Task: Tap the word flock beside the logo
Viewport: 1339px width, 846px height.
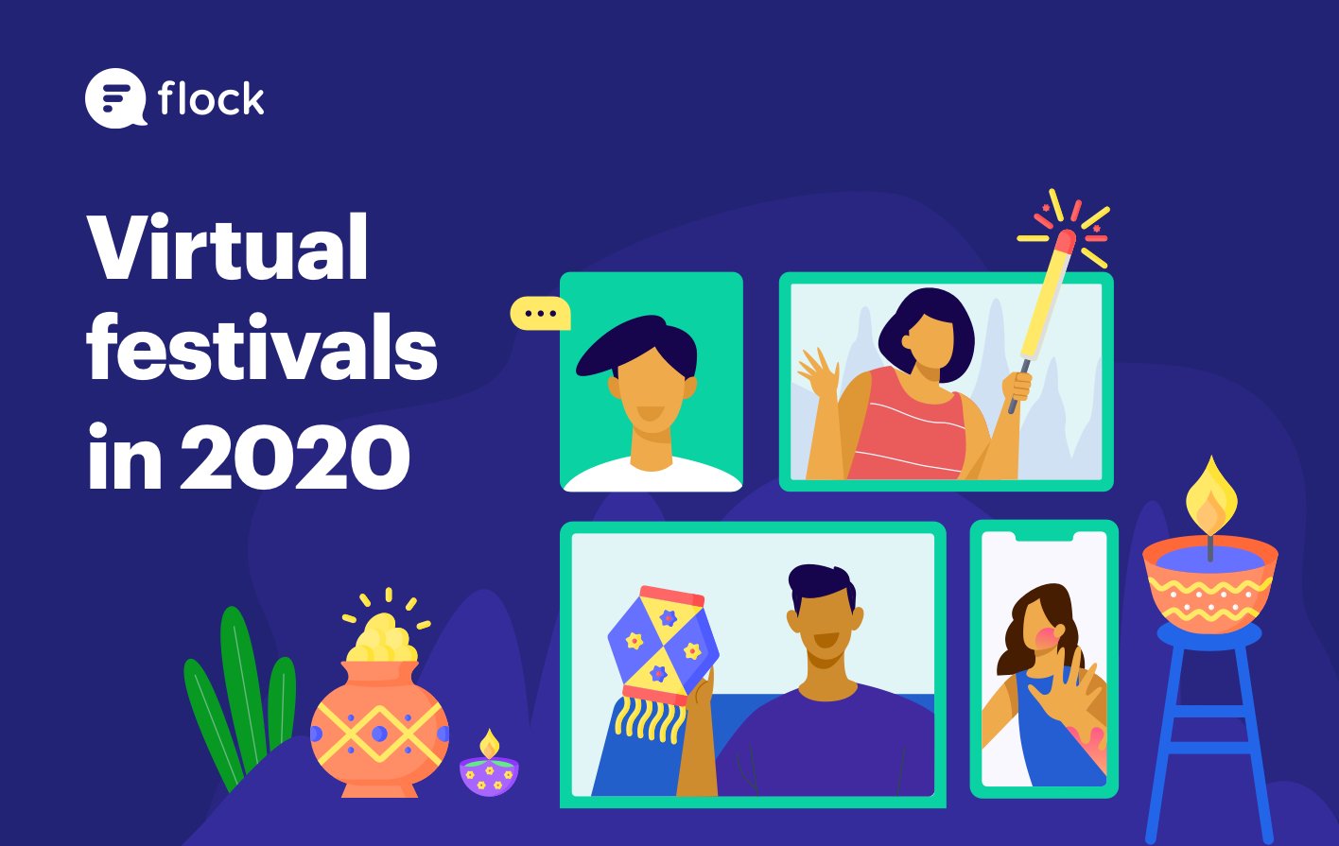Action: (211, 98)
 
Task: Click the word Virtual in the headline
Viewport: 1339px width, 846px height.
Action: (228, 246)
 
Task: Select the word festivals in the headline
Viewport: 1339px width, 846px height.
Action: (263, 347)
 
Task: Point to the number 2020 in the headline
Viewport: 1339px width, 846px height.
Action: (295, 456)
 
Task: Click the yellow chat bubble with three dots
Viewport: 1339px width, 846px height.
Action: (540, 313)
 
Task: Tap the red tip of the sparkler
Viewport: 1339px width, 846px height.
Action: (1065, 240)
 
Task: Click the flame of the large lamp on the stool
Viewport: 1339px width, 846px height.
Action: (1211, 499)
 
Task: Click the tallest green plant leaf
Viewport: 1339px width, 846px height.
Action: (242, 687)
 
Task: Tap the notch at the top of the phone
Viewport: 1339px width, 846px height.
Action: (1044, 537)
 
